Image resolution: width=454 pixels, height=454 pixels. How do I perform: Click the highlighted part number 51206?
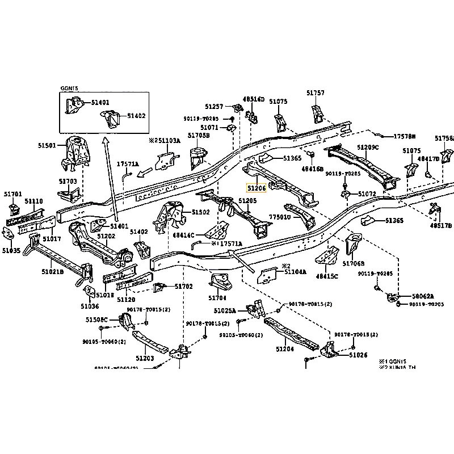[255, 188]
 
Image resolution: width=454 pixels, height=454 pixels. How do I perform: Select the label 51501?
[48, 146]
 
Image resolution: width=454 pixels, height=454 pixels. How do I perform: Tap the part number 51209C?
[368, 147]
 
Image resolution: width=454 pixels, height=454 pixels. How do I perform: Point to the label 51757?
[316, 93]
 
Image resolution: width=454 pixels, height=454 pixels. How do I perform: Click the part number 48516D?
[254, 99]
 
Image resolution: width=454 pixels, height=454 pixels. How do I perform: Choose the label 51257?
[215, 106]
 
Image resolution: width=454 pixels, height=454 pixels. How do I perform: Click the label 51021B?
[52, 272]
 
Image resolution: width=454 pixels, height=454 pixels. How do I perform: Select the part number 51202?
[106, 236]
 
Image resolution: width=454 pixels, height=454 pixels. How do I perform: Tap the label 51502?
[200, 212]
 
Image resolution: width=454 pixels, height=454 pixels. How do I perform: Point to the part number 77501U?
[279, 217]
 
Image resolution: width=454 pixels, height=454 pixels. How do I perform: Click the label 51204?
[285, 349]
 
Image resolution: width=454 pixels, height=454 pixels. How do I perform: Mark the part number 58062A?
[423, 296]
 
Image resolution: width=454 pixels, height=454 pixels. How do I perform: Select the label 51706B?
[354, 263]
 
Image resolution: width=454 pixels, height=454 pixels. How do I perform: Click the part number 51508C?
[96, 320]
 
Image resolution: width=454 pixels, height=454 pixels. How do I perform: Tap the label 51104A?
[295, 272]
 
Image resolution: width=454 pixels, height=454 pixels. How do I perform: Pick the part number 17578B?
[405, 137]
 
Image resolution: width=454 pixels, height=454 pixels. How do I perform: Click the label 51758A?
[444, 138]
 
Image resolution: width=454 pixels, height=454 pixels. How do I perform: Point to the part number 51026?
[359, 355]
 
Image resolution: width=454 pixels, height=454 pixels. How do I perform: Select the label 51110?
[33, 201]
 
